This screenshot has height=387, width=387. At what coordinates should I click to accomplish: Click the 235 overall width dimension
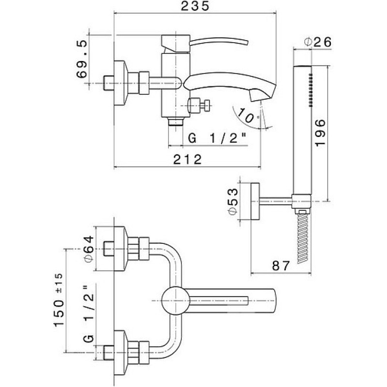(195, 6)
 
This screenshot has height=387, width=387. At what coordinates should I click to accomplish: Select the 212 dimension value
(188, 160)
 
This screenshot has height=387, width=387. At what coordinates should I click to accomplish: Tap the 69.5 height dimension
(82, 59)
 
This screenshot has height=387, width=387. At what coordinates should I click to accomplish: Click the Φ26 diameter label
(318, 42)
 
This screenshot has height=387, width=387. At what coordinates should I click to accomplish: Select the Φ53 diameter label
(233, 201)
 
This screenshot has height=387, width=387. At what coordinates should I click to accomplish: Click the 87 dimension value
(281, 266)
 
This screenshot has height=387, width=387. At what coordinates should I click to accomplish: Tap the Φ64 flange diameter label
(89, 249)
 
